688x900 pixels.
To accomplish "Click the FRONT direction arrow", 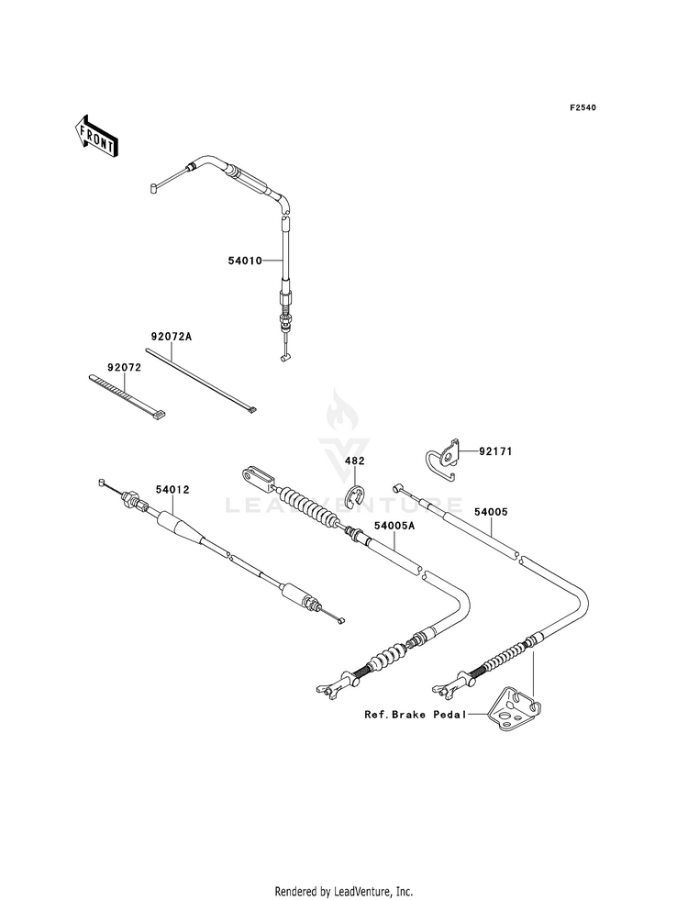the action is coord(95,136).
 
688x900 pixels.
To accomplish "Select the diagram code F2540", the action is coord(583,107).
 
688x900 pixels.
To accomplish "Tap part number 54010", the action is coord(245,261).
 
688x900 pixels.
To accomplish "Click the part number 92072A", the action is coord(171,337).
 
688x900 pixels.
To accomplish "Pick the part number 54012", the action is coord(172,490).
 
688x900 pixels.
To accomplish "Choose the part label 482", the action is coord(355,461).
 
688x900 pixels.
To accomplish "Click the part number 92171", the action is coord(495,451).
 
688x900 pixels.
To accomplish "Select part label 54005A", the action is coord(394,525).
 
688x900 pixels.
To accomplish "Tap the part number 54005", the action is coord(491,511).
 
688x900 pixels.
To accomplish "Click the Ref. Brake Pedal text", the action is coord(416,715).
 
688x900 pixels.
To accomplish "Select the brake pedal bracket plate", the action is coord(514,709).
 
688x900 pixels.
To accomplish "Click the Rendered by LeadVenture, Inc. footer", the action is coord(344,892).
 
